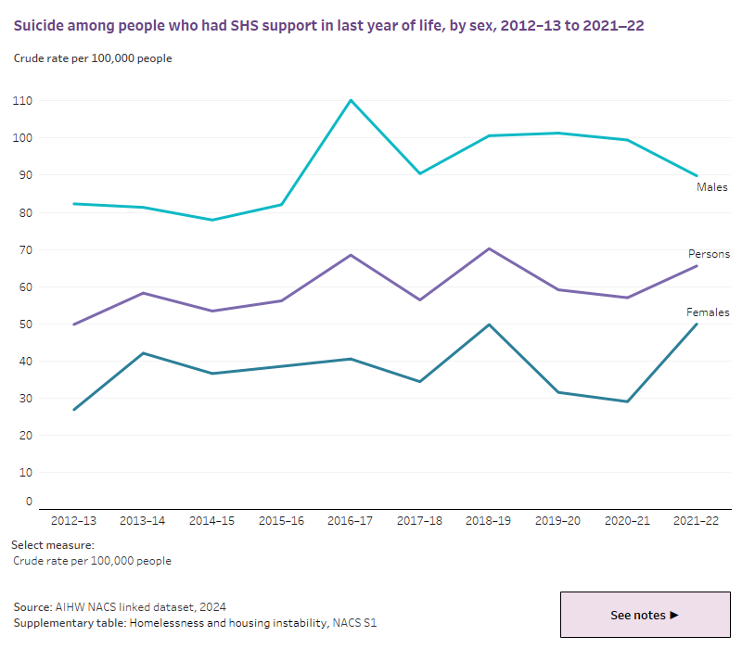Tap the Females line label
point(708,312)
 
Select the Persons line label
point(709,254)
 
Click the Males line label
point(711,187)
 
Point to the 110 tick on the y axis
point(22,100)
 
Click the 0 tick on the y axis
point(29,502)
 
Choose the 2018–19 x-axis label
point(490,522)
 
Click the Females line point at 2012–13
point(73,410)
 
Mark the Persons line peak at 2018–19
point(490,248)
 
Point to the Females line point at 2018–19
point(490,324)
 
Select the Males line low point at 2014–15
point(212,220)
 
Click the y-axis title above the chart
point(93,58)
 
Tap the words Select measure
point(54,545)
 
